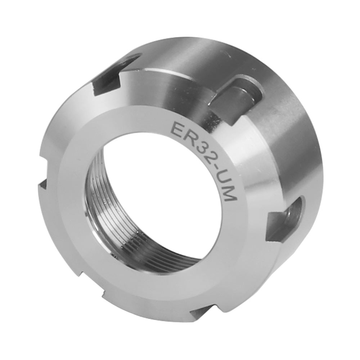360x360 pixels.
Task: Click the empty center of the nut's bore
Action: tap(158, 194)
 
